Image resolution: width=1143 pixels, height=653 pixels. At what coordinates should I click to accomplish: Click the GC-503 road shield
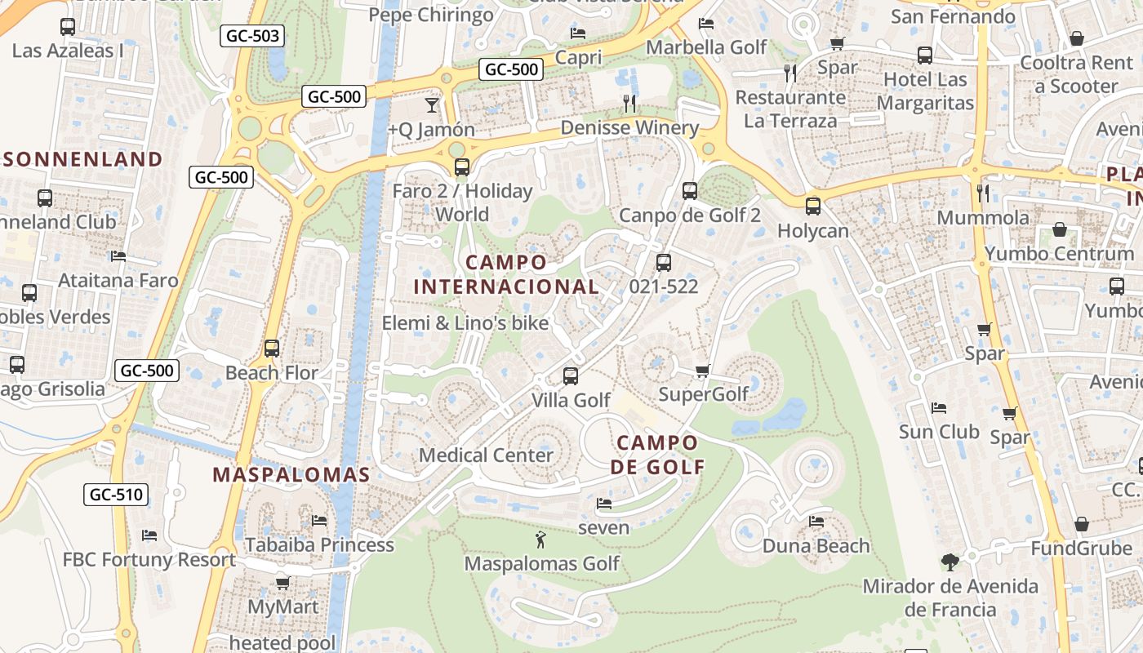coord(252,36)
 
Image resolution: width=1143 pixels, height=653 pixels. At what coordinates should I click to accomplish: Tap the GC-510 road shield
coord(116,494)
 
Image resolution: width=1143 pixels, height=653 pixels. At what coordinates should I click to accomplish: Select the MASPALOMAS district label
coord(291,474)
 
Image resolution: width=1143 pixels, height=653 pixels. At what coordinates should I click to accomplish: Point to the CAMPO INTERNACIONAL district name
coord(506,274)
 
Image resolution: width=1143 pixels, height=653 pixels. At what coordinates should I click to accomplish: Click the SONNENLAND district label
coord(82,159)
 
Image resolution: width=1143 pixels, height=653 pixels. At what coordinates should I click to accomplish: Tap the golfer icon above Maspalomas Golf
coord(540,540)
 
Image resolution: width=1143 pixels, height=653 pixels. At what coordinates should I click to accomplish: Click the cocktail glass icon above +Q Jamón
coord(431,104)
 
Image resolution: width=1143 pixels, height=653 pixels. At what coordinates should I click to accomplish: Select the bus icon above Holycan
coord(812,206)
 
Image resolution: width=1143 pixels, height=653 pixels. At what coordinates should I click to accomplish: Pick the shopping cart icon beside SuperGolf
coord(702,371)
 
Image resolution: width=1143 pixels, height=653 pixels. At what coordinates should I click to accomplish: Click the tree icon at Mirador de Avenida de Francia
coord(950,562)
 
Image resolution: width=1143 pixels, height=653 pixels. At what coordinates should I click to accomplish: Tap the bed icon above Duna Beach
coord(816,522)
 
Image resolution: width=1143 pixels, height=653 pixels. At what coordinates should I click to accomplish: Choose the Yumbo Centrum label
coord(1059,254)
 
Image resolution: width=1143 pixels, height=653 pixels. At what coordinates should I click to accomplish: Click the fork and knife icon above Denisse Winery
coord(629,103)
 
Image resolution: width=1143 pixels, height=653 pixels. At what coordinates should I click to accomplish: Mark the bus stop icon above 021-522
coord(664,262)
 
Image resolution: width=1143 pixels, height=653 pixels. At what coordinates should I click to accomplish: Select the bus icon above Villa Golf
coord(571,376)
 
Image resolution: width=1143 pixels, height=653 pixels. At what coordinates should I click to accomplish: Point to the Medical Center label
coord(486,455)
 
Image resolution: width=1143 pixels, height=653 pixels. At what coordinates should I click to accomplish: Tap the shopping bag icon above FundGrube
coord(1081,524)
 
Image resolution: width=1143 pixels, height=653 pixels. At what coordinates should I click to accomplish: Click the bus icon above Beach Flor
coord(272,349)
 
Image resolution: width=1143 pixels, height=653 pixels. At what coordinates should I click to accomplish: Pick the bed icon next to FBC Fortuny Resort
coord(149,535)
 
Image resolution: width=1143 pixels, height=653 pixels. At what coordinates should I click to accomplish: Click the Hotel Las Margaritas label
coord(925,91)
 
